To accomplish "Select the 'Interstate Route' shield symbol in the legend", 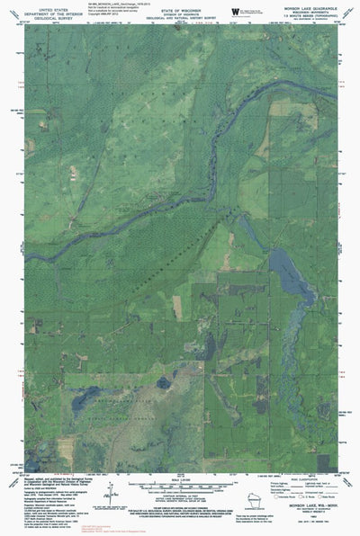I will point(276,497).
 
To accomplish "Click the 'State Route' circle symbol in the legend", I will point(318,497).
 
